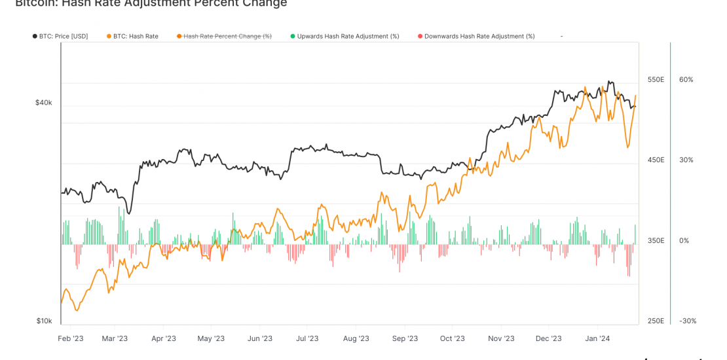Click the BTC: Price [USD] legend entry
pyautogui.click(x=63, y=36)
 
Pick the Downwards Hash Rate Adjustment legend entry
pyautogui.click(x=479, y=36)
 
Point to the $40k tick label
pyautogui.click(x=44, y=103)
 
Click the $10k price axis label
pyautogui.click(x=44, y=321)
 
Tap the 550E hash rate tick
pyautogui.click(x=656, y=80)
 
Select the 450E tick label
pyautogui.click(x=656, y=160)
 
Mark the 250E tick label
pyautogui.click(x=656, y=321)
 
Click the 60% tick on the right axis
pyautogui.click(x=686, y=80)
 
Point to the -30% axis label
pyautogui.click(x=687, y=321)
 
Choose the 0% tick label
pyautogui.click(x=684, y=241)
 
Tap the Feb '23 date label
pyautogui.click(x=71, y=338)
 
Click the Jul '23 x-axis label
pyautogui.click(x=307, y=338)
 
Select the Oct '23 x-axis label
pyautogui.click(x=452, y=338)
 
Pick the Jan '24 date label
pyautogui.click(x=597, y=338)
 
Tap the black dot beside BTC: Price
pyautogui.click(x=35, y=36)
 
